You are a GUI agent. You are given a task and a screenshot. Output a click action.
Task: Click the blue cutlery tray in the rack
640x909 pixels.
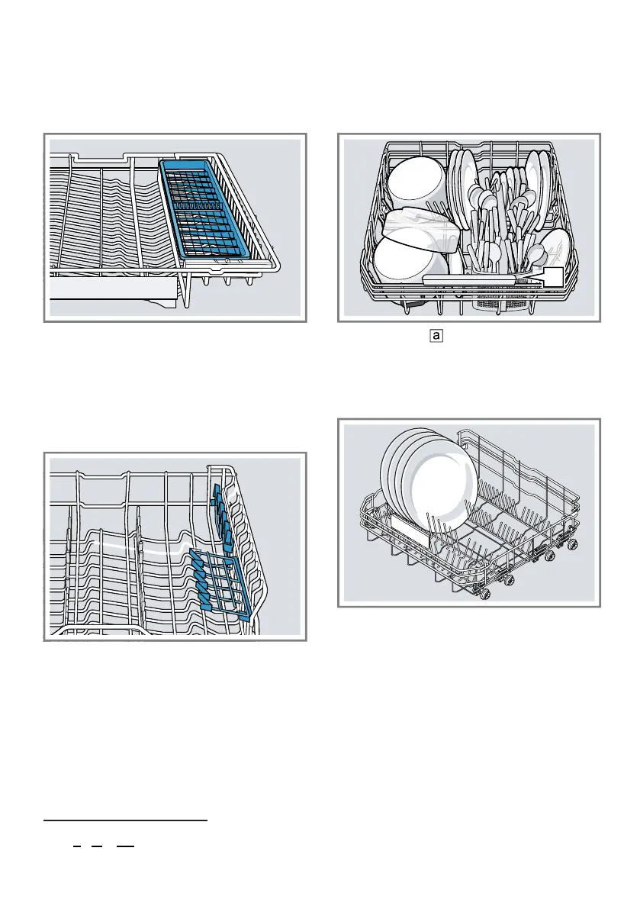[x=214, y=209]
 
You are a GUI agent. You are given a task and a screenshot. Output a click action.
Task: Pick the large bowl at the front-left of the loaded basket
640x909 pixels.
[x=409, y=260]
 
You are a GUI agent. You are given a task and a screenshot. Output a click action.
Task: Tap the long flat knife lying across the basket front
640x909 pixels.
[x=481, y=281]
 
